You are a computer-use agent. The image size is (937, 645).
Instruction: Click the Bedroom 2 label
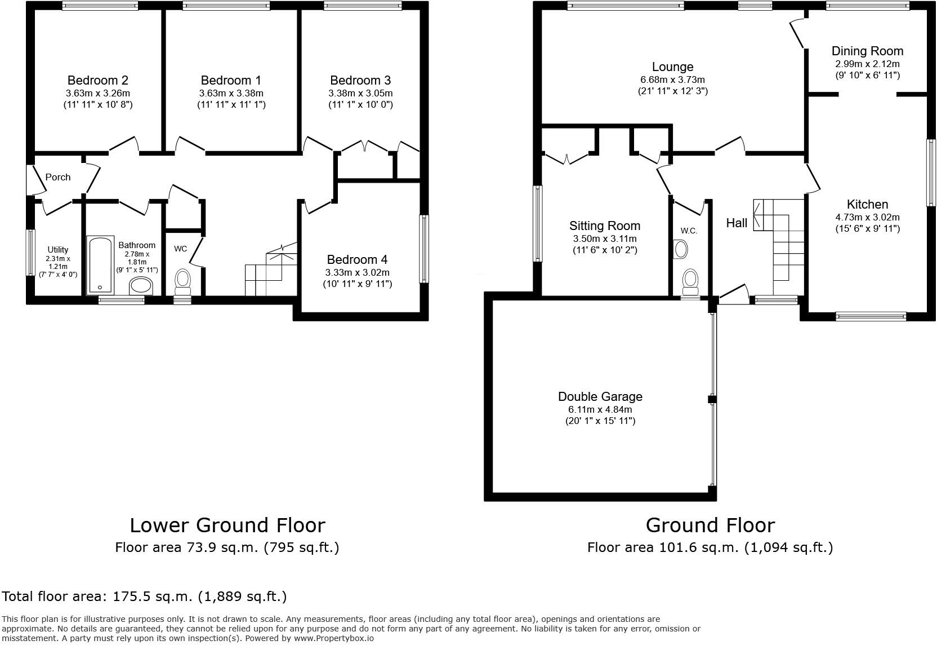(x=97, y=80)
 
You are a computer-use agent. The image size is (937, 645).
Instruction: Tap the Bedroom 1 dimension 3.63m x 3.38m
(x=231, y=93)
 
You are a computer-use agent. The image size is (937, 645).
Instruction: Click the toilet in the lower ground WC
(x=183, y=280)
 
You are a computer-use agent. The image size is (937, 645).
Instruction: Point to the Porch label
(x=58, y=177)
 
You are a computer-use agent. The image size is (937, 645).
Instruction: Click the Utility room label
(x=57, y=249)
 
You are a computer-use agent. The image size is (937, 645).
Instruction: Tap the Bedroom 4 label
(x=357, y=259)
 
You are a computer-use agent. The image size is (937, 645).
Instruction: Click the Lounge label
(x=672, y=67)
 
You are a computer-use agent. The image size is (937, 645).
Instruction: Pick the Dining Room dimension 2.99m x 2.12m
(x=867, y=64)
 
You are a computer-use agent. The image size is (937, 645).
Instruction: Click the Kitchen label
(x=867, y=204)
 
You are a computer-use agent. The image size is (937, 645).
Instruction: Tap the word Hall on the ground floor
(x=737, y=223)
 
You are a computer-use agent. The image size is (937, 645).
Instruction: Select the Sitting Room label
(x=605, y=226)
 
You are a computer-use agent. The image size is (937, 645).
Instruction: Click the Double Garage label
(x=600, y=396)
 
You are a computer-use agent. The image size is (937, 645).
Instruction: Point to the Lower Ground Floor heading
(x=227, y=525)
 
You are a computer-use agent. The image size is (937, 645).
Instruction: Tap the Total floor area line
(x=145, y=596)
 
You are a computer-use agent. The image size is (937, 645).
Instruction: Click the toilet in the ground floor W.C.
(x=690, y=279)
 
